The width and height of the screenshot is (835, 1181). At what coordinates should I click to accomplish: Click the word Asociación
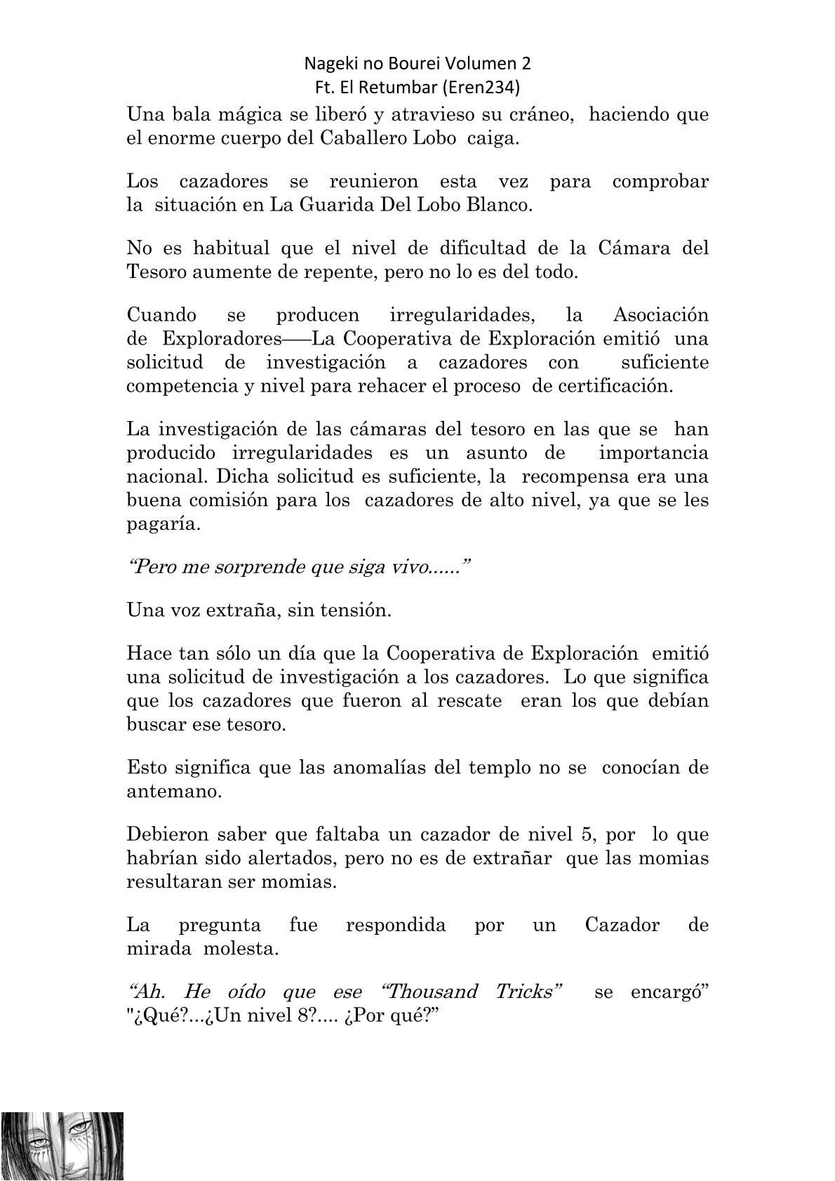coord(661,315)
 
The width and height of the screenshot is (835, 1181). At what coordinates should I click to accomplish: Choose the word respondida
coord(396,924)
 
